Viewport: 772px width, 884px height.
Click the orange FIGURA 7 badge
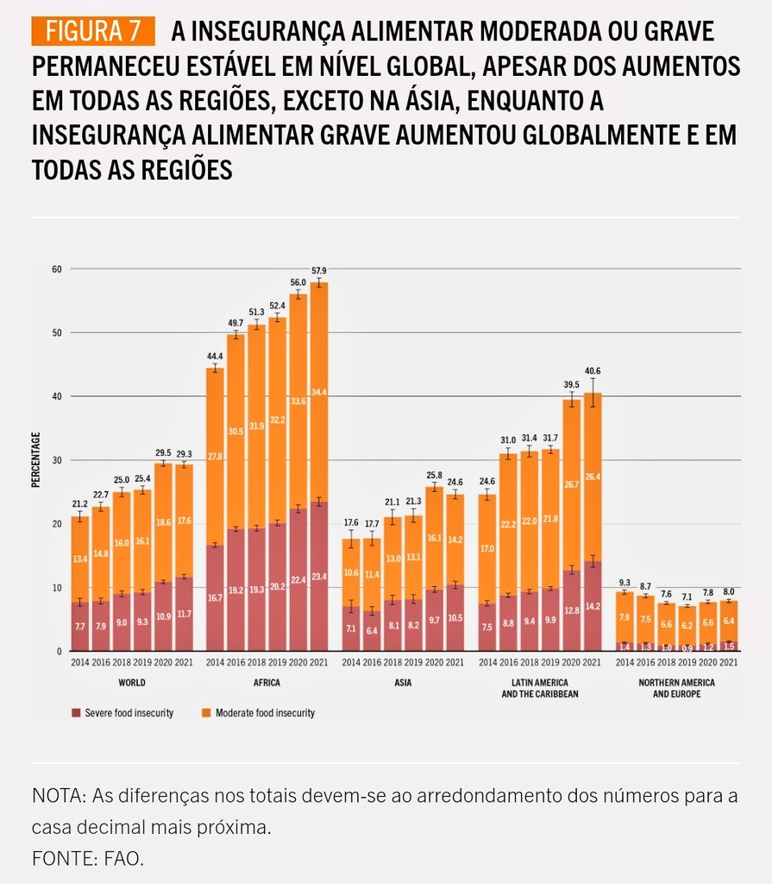[x=94, y=32]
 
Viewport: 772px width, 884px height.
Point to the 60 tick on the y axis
[x=58, y=269]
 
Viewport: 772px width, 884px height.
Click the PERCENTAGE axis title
[x=36, y=459]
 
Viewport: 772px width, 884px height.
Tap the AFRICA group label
[x=268, y=682]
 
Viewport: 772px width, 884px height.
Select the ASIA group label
[x=404, y=682]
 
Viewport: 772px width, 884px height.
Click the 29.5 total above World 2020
[x=161, y=451]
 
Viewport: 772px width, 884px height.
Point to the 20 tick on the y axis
[x=58, y=524]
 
